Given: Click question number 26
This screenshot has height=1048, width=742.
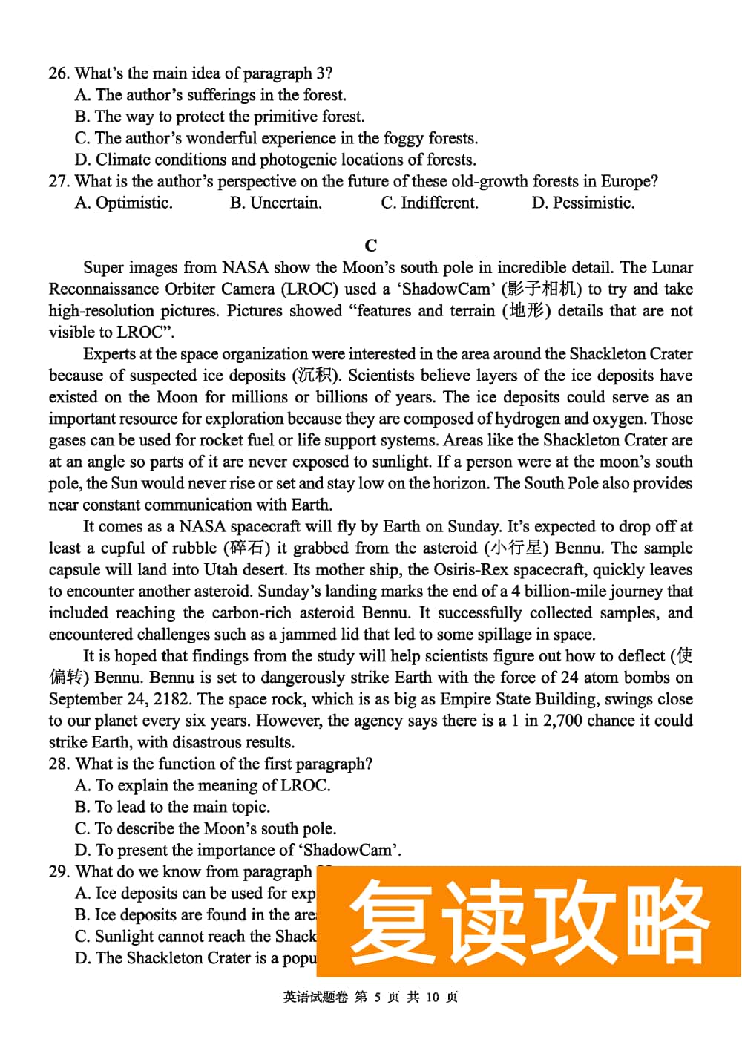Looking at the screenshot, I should [59, 73].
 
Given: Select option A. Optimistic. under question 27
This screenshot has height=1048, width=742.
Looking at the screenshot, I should [123, 203].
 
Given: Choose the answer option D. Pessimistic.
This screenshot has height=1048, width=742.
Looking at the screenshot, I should [582, 203].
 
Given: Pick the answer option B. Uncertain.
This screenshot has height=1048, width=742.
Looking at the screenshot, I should [275, 203].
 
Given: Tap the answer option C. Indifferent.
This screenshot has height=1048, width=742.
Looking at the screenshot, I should [429, 203].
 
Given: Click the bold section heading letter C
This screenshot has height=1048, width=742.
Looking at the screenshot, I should [371, 246].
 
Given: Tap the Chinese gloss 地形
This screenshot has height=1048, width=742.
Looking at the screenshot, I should [526, 311].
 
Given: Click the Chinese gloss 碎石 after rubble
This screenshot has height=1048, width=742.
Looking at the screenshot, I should [247, 548].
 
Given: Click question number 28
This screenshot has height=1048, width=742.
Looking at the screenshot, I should [59, 764].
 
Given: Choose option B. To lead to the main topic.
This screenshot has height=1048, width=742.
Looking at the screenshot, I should [172, 808].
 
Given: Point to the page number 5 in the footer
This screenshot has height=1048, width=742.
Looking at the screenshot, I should [377, 998].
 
